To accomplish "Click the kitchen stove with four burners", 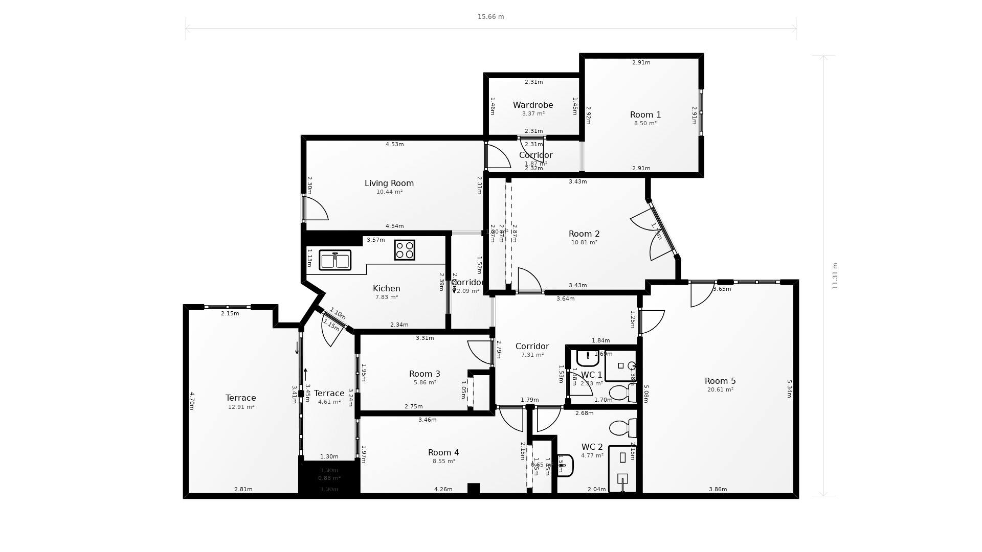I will pyautogui.click(x=404, y=250).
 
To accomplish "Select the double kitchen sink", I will pyautogui.click(x=335, y=260).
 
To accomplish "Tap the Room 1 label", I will pyautogui.click(x=645, y=115).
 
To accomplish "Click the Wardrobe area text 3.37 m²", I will pyautogui.click(x=533, y=114).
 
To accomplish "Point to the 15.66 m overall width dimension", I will pyautogui.click(x=490, y=17).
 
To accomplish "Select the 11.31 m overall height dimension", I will pyautogui.click(x=835, y=276).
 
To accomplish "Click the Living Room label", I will pyautogui.click(x=389, y=183).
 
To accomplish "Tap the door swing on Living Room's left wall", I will pyautogui.click(x=316, y=209).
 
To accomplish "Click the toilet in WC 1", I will pyautogui.click(x=620, y=393).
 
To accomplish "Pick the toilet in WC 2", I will pyautogui.click(x=620, y=428).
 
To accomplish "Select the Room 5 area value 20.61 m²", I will pyautogui.click(x=720, y=390).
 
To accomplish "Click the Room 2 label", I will pyautogui.click(x=584, y=234).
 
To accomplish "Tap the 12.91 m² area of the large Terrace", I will pyautogui.click(x=240, y=407).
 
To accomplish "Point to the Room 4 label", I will pyautogui.click(x=443, y=452).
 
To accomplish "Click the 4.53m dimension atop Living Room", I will pyautogui.click(x=394, y=145).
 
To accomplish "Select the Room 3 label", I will pyautogui.click(x=424, y=374).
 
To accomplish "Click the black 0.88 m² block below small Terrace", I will pyautogui.click(x=329, y=478).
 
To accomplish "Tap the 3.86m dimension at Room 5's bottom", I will pyautogui.click(x=718, y=490).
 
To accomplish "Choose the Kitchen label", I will pyautogui.click(x=386, y=288).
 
